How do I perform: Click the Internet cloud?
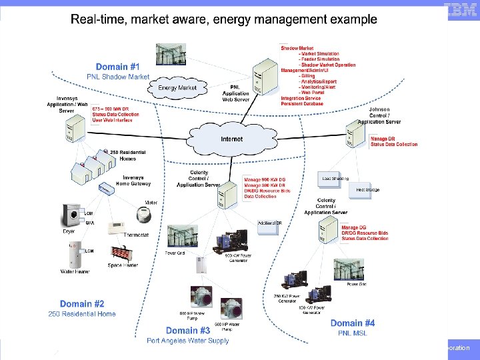coord(231,140)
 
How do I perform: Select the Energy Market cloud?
coord(177,88)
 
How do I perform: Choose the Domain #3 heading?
coord(188,330)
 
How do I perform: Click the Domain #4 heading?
coord(352,323)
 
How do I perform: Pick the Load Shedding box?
coord(335,179)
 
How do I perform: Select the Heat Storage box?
coord(367,190)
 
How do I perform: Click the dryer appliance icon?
coord(69,217)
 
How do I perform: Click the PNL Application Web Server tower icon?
coord(263,79)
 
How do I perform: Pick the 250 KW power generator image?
coord(295,283)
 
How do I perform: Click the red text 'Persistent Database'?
coord(302,104)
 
